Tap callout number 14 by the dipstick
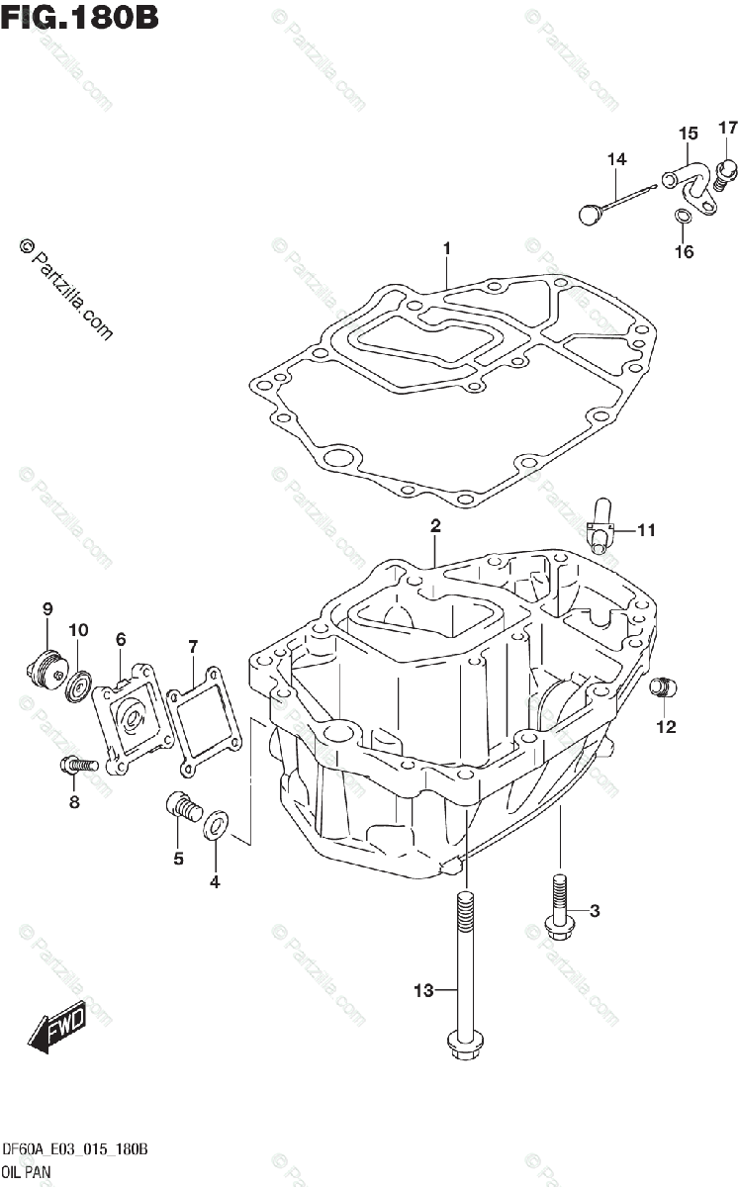coord(616,159)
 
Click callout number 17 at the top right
coord(728,128)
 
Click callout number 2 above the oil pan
coord(434,526)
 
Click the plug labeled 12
coord(662,686)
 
